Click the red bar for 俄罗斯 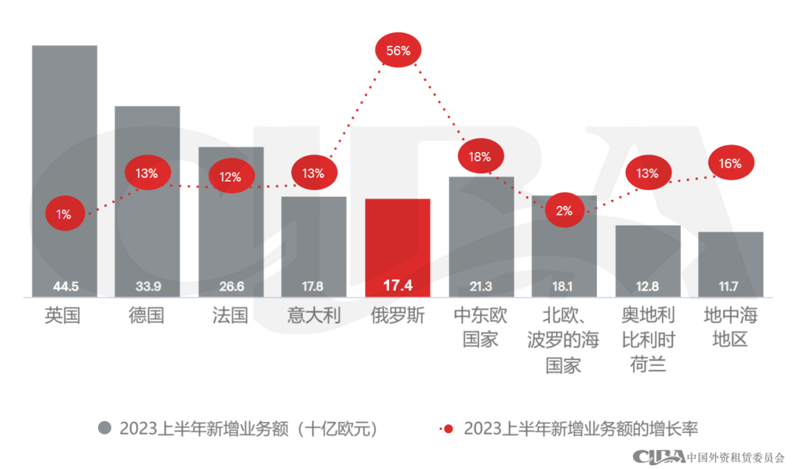[397, 247]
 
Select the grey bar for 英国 [64, 170]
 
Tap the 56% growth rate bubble [398, 51]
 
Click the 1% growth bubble [64, 215]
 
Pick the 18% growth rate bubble [481, 156]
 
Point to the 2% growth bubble [564, 210]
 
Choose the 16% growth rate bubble [730, 164]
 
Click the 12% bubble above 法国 [231, 177]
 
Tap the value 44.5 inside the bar [64, 286]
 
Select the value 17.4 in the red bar [397, 285]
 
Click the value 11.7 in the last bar [730, 286]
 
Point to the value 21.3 [481, 286]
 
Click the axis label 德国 [147, 316]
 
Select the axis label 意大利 [314, 316]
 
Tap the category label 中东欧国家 [481, 328]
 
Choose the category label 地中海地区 [730, 328]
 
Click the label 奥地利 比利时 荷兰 [648, 340]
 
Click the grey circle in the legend [105, 428]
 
